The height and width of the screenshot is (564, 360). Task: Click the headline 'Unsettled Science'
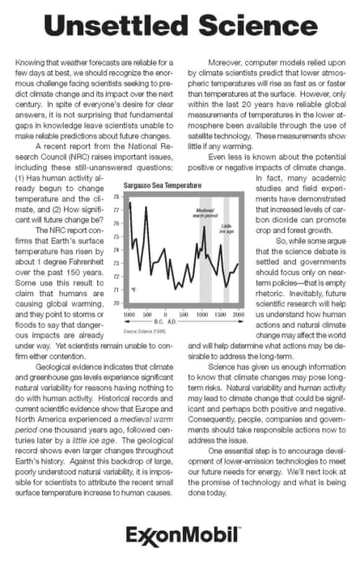[x=180, y=27]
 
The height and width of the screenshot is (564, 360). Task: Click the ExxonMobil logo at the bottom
[x=180, y=536]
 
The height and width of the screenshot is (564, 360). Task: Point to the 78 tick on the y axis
[x=116, y=197]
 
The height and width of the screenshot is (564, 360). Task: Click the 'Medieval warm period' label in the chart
[x=204, y=212]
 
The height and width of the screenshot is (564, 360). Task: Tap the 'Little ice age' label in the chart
[x=227, y=227]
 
